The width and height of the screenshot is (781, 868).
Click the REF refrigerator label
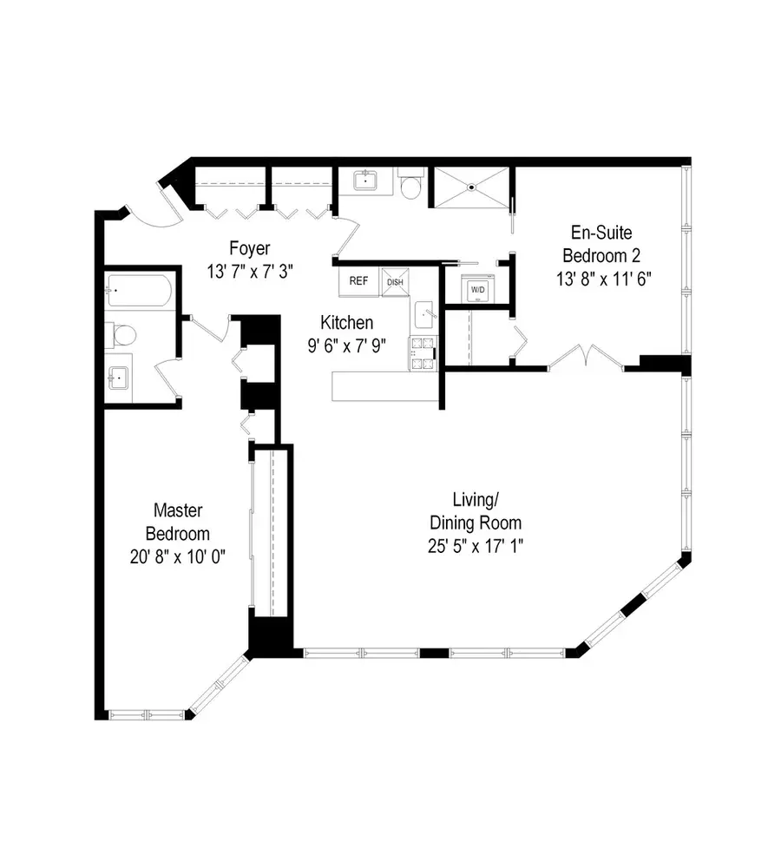click(x=358, y=281)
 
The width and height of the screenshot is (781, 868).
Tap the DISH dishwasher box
click(x=395, y=281)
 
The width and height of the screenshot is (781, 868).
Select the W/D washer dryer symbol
click(x=478, y=288)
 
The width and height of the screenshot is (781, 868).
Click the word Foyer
click(x=248, y=246)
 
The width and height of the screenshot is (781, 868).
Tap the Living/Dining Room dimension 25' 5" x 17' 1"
click(x=476, y=547)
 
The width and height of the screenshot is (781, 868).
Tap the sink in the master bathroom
click(x=118, y=377)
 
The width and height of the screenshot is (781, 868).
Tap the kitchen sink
click(x=424, y=312)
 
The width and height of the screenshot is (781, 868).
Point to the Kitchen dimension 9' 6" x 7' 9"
click(x=346, y=345)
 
